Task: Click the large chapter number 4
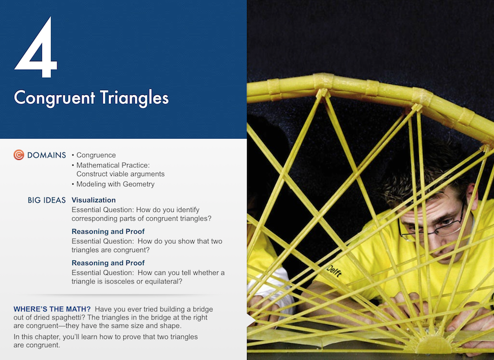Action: [36, 47]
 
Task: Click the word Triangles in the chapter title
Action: [134, 98]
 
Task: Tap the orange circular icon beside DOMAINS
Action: [19, 155]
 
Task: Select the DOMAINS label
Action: [46, 155]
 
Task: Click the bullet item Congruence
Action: [96, 155]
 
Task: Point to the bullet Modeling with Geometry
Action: [115, 184]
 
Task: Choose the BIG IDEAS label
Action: [46, 200]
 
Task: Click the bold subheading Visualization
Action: [93, 200]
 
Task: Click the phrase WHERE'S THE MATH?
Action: [52, 309]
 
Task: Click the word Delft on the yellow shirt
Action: [334, 271]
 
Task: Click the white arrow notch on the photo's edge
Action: [251, 320]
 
